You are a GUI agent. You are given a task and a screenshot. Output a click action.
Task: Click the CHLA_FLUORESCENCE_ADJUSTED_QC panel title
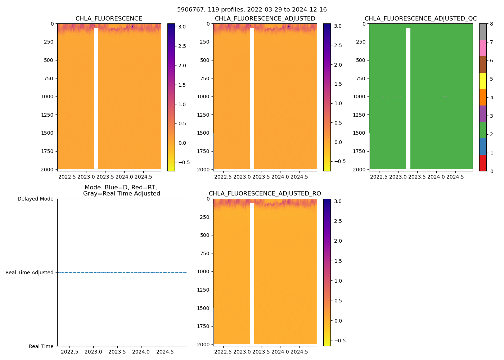[x=420, y=19]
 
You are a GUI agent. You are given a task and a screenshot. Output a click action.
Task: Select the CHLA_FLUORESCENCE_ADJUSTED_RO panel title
[x=265, y=194]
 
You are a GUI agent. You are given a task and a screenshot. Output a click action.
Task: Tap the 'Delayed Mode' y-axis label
[x=35, y=199]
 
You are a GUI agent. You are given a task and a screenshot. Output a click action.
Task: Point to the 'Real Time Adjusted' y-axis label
[x=30, y=273]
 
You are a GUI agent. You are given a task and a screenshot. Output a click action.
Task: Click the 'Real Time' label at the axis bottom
[x=41, y=346]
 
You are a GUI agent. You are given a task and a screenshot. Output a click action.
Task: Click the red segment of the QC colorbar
[x=483, y=163]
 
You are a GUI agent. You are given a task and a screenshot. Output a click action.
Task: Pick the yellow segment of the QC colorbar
[x=483, y=81]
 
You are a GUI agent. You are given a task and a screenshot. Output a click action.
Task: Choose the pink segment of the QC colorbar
[x=483, y=48]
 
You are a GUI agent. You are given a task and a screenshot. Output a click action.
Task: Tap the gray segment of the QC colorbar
[x=483, y=32]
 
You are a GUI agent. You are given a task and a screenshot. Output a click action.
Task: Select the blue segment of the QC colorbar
[x=483, y=147]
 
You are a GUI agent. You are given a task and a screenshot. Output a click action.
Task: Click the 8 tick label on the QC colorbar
[x=491, y=24]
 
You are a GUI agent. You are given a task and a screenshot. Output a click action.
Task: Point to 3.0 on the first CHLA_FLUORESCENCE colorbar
[x=182, y=27]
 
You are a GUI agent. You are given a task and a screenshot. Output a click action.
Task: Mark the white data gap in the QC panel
[x=408, y=97]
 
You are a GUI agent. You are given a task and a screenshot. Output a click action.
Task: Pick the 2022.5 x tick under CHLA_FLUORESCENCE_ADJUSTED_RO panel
[x=223, y=352]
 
